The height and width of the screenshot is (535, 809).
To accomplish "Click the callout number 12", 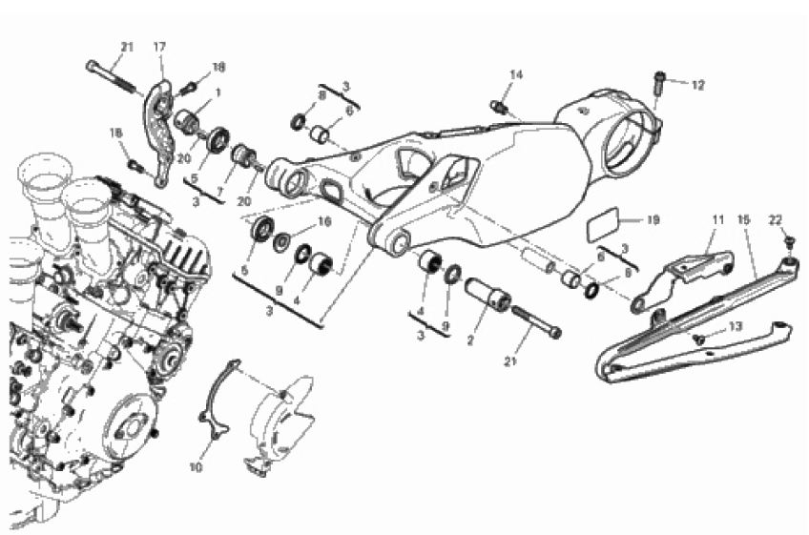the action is coord(697,85).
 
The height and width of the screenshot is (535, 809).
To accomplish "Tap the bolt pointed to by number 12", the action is coord(659,83).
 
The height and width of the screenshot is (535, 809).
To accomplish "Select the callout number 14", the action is coord(516,74).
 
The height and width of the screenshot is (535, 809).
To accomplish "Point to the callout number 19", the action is coord(653,220).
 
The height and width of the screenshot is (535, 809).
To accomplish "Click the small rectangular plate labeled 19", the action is coord(604,222).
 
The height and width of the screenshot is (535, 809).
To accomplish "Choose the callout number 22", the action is coord(776,219).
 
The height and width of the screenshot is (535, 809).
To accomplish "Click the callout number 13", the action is coord(736,326).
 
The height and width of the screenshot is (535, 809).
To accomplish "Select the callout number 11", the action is coord(718,219).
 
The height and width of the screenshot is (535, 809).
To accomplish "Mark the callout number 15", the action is coord(743,219).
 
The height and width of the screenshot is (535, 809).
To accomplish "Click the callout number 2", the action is coord(470,341).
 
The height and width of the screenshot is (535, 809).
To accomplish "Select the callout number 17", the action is coord(159,47).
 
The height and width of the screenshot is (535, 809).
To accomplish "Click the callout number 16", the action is coord(324,222).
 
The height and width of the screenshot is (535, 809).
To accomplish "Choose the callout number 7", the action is coord(220,192).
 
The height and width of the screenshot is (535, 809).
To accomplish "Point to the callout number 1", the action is coord(218,93).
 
